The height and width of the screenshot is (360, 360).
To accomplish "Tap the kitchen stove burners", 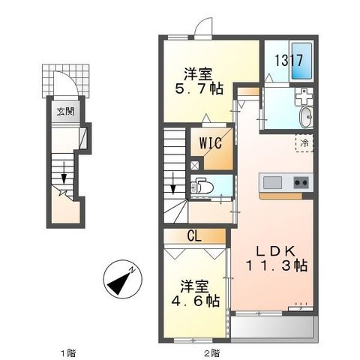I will [301, 182].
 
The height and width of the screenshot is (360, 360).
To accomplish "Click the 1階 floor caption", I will [68, 351].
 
